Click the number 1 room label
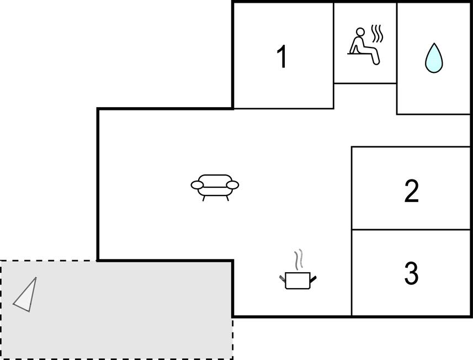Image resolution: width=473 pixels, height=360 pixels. (282, 57)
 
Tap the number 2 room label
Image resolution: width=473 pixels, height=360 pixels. (411, 191)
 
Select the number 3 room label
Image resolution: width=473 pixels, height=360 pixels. (411, 273)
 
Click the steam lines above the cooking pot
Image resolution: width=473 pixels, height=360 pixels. (299, 259)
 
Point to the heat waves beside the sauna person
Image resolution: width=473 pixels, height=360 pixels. (377, 35)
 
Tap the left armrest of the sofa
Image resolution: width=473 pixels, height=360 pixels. (198, 185)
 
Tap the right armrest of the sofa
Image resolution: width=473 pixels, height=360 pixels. (233, 185)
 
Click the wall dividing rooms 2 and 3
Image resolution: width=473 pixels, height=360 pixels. (411, 230)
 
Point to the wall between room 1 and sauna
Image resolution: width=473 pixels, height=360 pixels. (333, 55)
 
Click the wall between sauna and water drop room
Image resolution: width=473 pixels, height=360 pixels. (397, 55)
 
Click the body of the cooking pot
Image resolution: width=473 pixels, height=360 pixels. (298, 281)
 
